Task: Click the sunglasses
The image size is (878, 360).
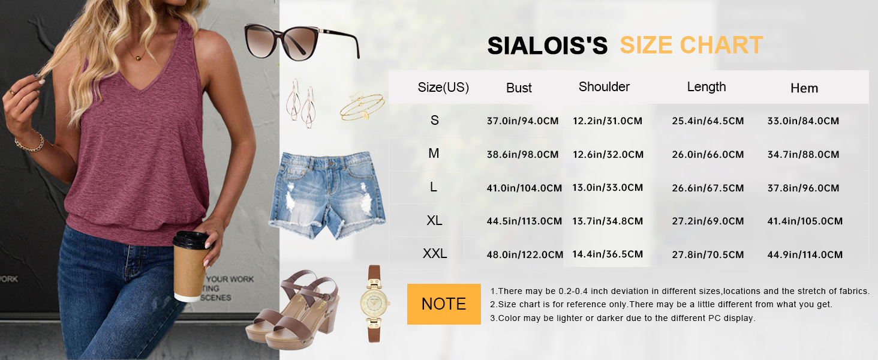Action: click(x=302, y=41)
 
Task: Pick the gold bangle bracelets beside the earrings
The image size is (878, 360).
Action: click(x=363, y=107)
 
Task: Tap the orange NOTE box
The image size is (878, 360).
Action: click(x=444, y=304)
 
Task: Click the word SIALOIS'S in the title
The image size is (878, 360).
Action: click(x=547, y=46)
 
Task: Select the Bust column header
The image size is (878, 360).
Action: click(x=519, y=88)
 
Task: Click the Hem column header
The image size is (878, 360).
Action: click(x=804, y=88)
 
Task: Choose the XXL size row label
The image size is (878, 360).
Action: click(x=435, y=254)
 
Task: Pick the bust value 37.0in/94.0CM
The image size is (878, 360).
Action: click(x=522, y=121)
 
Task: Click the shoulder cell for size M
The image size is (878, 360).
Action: click(x=608, y=155)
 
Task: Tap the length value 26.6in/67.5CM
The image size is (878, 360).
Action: click(x=708, y=188)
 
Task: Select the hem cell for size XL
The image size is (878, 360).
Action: click(x=805, y=221)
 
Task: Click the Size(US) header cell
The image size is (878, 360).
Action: click(x=443, y=88)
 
